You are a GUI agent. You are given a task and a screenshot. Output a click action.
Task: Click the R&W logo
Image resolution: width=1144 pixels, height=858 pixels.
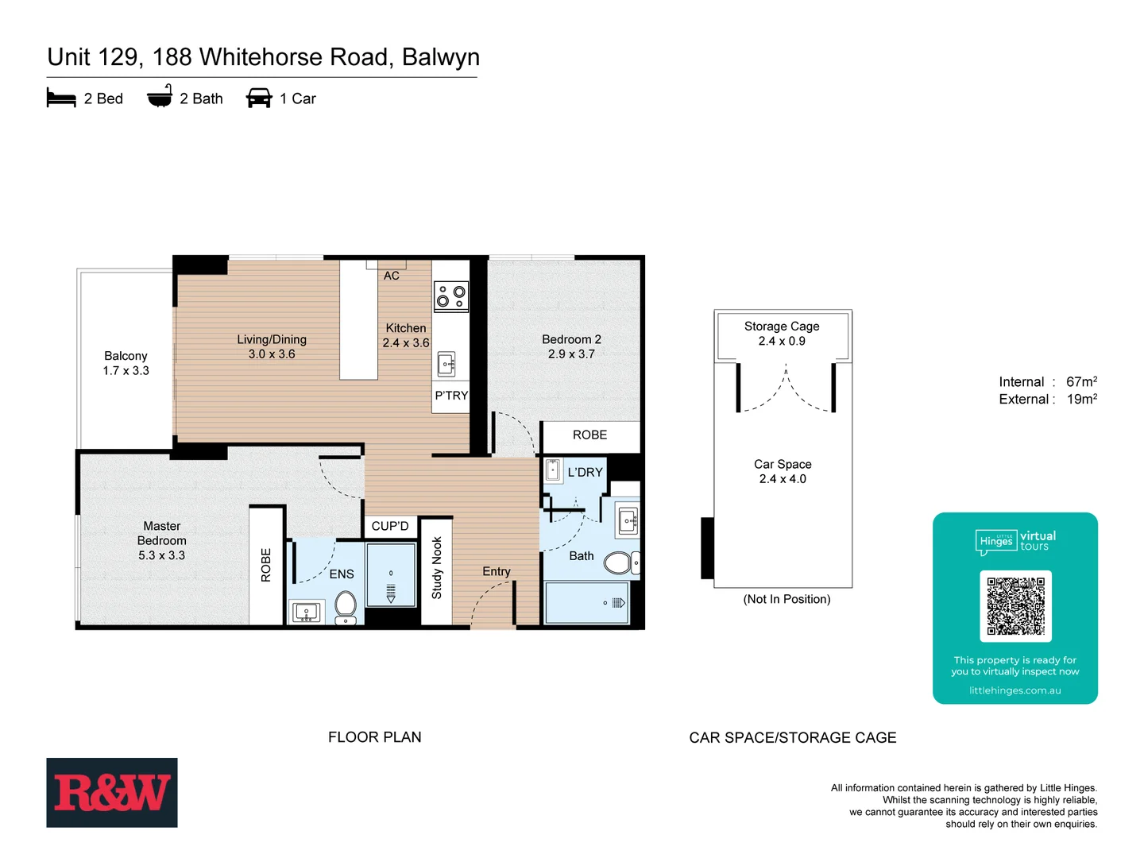(x=111, y=793)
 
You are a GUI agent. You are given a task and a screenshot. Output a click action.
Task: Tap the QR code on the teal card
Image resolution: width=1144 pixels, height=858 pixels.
(x=1015, y=605)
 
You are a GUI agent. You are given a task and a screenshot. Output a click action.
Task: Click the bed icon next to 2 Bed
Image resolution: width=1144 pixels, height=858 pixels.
(x=61, y=99)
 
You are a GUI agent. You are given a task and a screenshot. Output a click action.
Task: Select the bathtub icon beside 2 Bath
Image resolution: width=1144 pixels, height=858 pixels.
(x=160, y=97)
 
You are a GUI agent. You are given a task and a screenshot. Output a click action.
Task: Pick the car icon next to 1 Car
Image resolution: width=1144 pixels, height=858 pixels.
(x=259, y=99)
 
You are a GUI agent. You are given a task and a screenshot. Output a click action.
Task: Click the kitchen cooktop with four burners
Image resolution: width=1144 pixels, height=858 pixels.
(x=450, y=296)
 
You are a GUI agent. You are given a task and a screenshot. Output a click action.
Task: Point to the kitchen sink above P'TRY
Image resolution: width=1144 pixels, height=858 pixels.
(x=446, y=365)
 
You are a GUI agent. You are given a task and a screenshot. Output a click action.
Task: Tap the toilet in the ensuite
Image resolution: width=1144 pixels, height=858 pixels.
(x=346, y=608)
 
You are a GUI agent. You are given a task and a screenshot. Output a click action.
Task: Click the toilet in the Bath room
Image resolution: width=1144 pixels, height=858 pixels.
(x=619, y=563)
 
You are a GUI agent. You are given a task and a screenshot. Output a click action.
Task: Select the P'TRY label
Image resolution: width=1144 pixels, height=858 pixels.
(x=451, y=396)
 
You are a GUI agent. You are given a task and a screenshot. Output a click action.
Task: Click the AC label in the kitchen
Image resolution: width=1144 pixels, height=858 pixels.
(x=392, y=276)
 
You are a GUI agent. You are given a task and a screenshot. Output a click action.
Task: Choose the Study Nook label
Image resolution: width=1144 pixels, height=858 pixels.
(x=436, y=567)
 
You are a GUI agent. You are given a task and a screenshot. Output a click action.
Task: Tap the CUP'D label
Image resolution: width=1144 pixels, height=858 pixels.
(x=390, y=526)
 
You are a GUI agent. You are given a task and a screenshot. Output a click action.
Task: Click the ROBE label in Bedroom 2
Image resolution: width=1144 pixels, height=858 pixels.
(x=589, y=435)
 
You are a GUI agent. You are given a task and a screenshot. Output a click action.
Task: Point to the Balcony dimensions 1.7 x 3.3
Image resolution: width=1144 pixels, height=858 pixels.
(x=126, y=371)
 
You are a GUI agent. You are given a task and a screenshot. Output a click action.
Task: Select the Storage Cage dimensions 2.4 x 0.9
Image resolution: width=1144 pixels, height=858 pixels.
(x=782, y=341)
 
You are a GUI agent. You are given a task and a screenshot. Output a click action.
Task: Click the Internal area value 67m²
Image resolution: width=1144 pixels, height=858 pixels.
(x=1081, y=382)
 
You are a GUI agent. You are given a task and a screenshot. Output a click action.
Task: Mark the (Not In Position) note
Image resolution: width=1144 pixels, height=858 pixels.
(x=786, y=599)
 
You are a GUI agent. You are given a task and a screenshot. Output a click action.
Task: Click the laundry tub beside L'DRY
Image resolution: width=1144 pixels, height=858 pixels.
(x=553, y=470)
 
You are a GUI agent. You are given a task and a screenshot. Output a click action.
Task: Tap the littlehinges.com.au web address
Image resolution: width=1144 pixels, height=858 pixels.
(x=1015, y=690)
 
